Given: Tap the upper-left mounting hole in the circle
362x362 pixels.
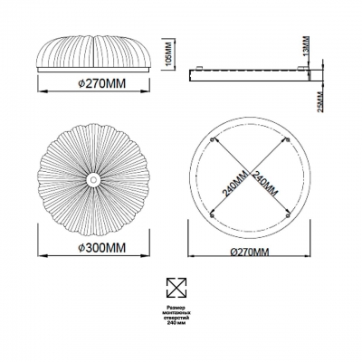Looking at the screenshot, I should coord(213,140).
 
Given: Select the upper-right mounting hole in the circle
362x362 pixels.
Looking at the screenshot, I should coord(288,140).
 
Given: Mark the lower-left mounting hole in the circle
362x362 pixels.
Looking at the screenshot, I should coord(213,215).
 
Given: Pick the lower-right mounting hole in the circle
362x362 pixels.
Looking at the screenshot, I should coord(288,215).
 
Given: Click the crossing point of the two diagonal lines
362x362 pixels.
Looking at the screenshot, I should coord(251,178).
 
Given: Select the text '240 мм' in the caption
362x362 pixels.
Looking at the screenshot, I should coord(177,326).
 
